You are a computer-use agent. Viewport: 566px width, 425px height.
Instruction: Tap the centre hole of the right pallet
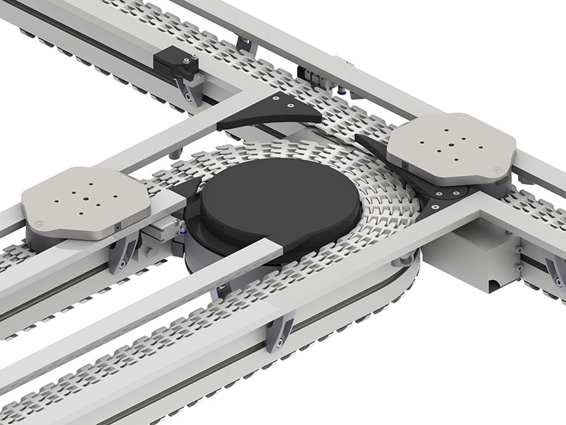coord(451,148)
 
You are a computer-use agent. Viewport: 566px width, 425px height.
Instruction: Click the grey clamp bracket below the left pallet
coord(123,251)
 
